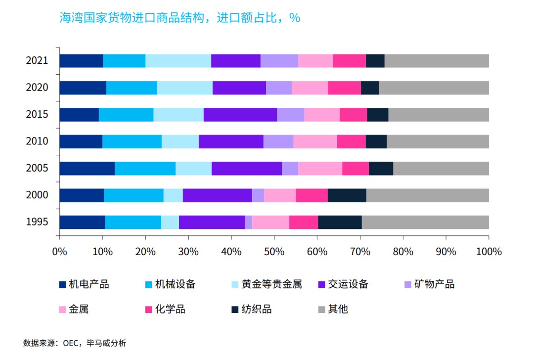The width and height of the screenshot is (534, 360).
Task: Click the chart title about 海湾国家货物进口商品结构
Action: tap(179, 18)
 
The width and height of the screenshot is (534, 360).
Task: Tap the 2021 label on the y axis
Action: tap(37, 61)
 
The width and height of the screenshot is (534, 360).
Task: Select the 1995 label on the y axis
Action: tap(37, 222)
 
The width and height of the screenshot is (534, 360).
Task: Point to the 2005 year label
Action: tap(37, 168)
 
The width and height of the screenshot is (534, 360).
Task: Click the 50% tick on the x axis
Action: tap(274, 251)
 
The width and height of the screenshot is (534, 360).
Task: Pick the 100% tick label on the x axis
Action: tap(489, 251)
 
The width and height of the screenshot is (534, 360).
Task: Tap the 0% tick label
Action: tap(59, 251)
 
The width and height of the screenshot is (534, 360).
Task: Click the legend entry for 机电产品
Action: tap(84, 284)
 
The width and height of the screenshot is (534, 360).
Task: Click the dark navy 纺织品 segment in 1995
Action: tap(340, 222)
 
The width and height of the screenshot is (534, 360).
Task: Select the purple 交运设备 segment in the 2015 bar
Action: tap(240, 114)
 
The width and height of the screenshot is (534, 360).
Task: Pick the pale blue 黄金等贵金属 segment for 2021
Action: tap(178, 61)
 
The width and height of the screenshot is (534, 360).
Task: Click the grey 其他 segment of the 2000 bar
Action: tap(428, 195)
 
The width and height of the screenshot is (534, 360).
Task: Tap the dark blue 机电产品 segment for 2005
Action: tap(87, 168)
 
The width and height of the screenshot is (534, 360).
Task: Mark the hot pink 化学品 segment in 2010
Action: tap(351, 141)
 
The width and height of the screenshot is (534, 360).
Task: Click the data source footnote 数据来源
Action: tap(75, 343)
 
